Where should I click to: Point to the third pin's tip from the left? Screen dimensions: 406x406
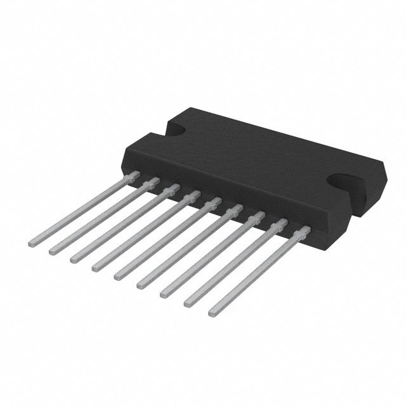pyautogui.click(x=74, y=258)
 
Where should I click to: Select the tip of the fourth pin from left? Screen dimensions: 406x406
pyautogui.click(x=95, y=268)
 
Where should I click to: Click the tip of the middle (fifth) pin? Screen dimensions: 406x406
pyautogui.click(x=118, y=276)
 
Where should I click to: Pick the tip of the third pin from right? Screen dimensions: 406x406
pyautogui.click(x=164, y=292)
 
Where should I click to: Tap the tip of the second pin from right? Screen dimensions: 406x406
pyautogui.click(x=188, y=303)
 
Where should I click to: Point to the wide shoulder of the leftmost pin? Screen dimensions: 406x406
pyautogui.click(x=133, y=174)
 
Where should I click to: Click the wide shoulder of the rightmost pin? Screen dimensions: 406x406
pyautogui.click(x=304, y=232)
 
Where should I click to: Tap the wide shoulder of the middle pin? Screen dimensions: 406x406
pyautogui.click(x=213, y=203)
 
